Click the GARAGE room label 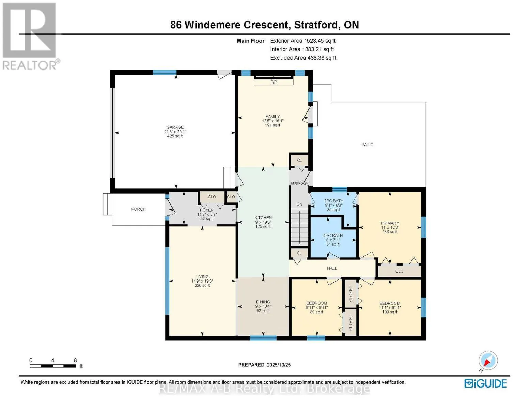pos(175,127)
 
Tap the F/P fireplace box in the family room pos(274,82)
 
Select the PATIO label pos(367,145)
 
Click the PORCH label pos(138,209)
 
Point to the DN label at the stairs pos(299,204)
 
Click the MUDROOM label pos(299,183)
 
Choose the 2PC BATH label pos(333,201)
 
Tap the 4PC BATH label pos(333,236)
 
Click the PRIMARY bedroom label pos(390,223)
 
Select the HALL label pos(332,268)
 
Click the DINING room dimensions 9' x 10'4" pos(263,306)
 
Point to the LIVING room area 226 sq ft pos(202,286)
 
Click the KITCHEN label pos(263,218)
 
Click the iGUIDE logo pos(485,383)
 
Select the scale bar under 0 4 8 pos(52,366)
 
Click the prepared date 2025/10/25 pos(278,365)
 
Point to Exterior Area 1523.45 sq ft pos(303,41)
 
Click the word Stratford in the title pos(316,25)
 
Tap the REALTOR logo pos(30,36)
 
